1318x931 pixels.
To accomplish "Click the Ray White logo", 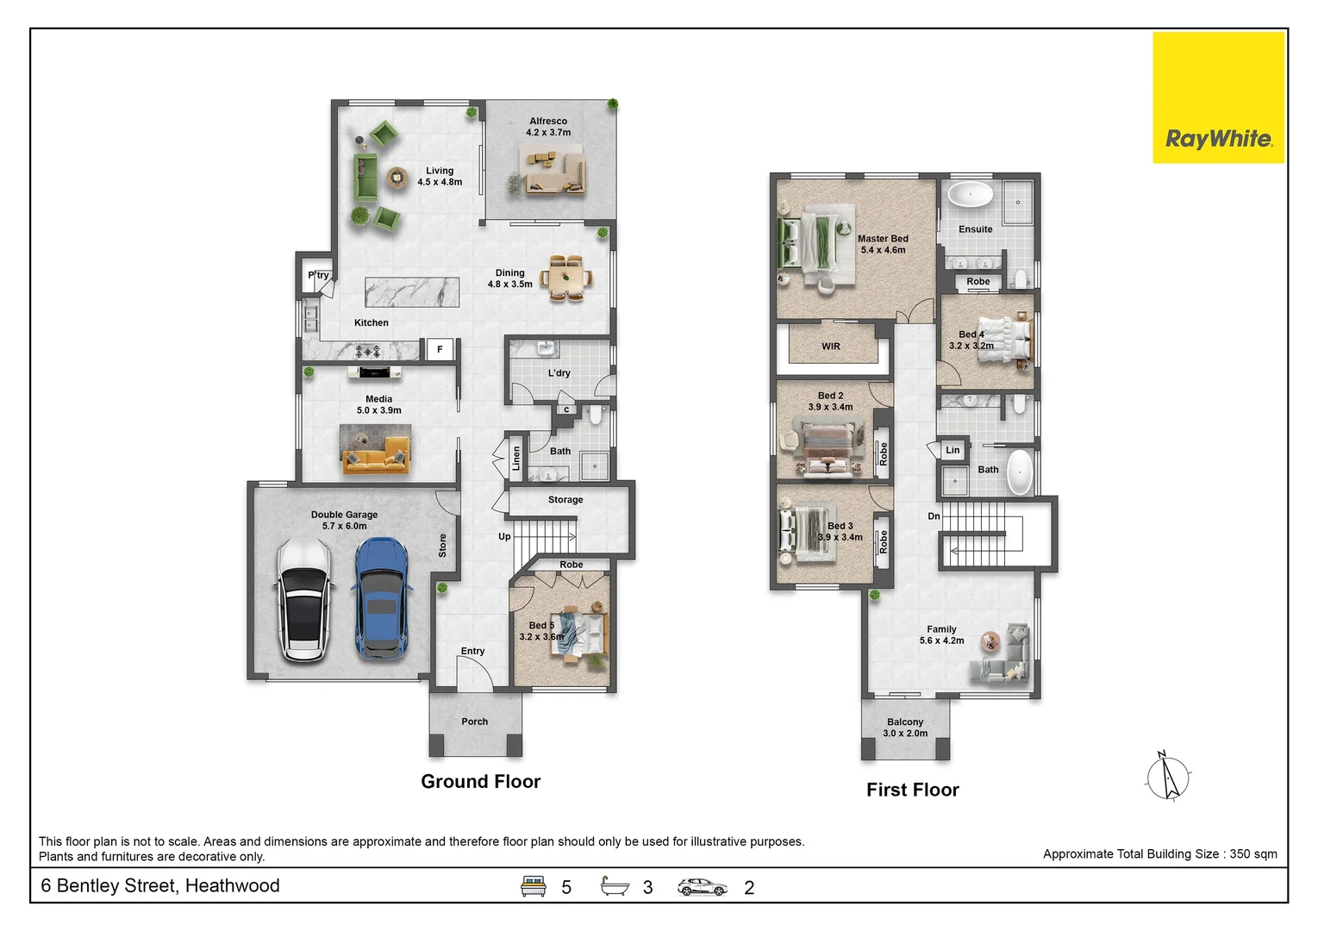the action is tap(1219, 97).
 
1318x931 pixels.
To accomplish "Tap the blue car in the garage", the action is tap(381, 598).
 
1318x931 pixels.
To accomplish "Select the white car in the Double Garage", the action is tap(303, 600).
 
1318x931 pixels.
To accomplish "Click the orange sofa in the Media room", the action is tap(376, 455).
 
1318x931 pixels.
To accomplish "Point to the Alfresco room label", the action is tap(548, 122).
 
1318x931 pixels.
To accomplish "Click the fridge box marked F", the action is tap(440, 350).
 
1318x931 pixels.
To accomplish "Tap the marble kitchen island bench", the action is tap(412, 292).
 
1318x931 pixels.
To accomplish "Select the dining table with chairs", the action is tap(566, 278).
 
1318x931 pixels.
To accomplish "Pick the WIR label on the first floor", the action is tap(831, 347).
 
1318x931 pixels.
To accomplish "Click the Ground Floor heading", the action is tap(481, 782).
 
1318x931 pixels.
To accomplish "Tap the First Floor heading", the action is tap(913, 790).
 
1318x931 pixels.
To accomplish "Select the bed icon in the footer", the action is tap(533, 886).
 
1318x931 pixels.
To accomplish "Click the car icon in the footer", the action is tap(702, 887).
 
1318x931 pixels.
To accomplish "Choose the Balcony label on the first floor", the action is tap(905, 722).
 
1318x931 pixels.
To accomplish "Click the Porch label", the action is tap(475, 722).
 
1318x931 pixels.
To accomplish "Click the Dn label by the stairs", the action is tap(934, 516).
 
